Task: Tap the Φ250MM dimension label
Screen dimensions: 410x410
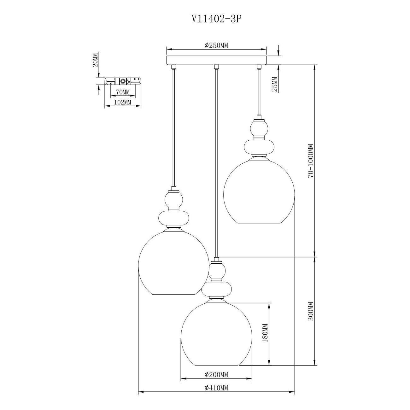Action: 216,45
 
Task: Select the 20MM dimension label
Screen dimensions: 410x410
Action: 96,60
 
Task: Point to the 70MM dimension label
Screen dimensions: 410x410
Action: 123,92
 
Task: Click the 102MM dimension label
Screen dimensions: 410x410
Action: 123,102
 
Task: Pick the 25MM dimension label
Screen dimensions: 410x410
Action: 274,84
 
